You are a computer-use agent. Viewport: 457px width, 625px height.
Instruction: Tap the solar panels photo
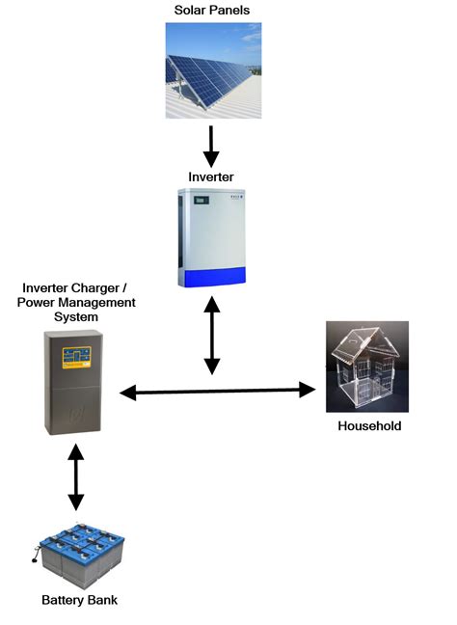click(212, 71)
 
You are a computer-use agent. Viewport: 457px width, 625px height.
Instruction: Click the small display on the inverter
click(201, 201)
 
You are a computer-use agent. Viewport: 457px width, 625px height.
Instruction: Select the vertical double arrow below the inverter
click(212, 337)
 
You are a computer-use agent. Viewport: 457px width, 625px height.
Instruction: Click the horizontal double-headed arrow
click(219, 391)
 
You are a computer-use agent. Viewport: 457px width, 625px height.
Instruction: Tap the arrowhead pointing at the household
click(307, 390)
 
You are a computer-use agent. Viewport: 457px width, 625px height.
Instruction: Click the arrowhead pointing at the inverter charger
click(129, 392)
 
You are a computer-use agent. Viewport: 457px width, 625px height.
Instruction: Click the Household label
click(368, 425)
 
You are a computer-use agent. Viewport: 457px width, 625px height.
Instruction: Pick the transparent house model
click(366, 369)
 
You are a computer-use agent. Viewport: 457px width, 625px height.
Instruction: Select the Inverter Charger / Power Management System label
click(78, 302)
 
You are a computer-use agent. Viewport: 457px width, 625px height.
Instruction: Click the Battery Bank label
click(79, 600)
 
